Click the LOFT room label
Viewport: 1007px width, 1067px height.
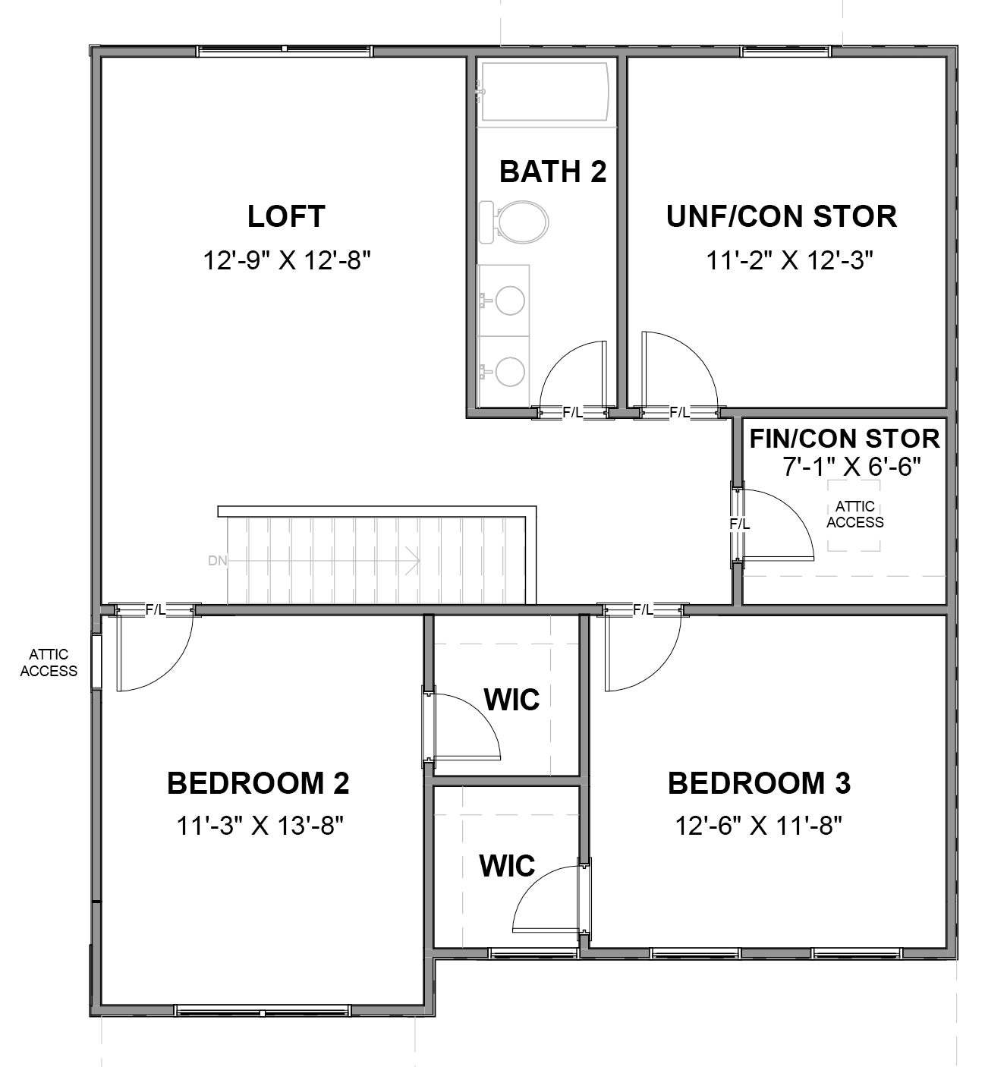[x=286, y=216]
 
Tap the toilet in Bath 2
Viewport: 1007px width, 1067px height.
[x=517, y=221]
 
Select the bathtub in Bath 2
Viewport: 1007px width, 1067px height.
[x=545, y=91]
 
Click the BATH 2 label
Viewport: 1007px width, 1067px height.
[x=552, y=172]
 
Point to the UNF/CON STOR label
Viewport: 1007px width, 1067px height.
[x=782, y=216]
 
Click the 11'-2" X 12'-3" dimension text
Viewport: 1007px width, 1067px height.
[x=790, y=261]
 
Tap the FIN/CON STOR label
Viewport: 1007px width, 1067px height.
[x=845, y=439]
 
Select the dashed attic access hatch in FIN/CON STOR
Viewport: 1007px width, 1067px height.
[x=854, y=515]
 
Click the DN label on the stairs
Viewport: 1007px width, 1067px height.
[x=217, y=562]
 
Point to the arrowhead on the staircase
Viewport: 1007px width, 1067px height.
[x=414, y=562]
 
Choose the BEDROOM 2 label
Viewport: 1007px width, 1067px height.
[x=258, y=783]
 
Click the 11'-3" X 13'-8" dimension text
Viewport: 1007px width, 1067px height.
[x=260, y=825]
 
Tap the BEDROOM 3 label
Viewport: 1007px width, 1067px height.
[x=759, y=783]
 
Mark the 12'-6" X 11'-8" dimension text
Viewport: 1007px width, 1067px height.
[x=760, y=825]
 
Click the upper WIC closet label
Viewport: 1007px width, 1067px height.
[x=511, y=700]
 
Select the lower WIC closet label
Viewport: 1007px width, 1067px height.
[x=507, y=866]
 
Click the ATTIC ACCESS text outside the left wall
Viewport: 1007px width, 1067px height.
[x=49, y=663]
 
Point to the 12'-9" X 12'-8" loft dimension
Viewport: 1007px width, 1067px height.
[x=286, y=261]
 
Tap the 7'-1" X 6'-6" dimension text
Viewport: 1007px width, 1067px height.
[x=851, y=467]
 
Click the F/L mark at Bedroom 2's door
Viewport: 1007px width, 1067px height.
[x=156, y=609]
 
